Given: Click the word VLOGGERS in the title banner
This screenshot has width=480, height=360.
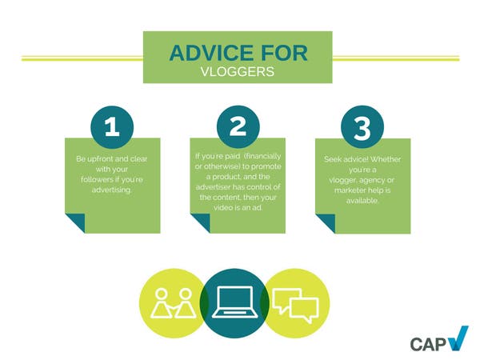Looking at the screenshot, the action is (238, 72).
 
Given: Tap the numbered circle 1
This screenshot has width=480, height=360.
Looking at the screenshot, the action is (112, 126).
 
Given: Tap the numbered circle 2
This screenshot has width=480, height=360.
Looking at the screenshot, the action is (238, 126).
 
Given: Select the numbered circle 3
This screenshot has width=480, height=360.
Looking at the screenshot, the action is (362, 126).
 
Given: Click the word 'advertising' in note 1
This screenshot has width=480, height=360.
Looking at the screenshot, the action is (112, 190).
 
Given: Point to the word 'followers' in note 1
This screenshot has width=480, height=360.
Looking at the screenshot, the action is (96, 179).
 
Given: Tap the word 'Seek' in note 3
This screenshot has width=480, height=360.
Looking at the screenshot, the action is (332, 159).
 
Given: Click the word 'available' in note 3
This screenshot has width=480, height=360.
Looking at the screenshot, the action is (362, 201).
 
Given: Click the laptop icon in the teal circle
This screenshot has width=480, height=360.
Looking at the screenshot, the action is (234, 302).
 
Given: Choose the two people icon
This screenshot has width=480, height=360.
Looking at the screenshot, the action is (173, 303).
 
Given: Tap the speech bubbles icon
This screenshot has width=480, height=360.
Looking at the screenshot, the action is (296, 306).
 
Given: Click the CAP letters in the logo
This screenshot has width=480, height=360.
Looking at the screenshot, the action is (429, 344).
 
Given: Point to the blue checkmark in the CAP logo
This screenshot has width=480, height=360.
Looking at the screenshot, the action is (459, 338).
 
